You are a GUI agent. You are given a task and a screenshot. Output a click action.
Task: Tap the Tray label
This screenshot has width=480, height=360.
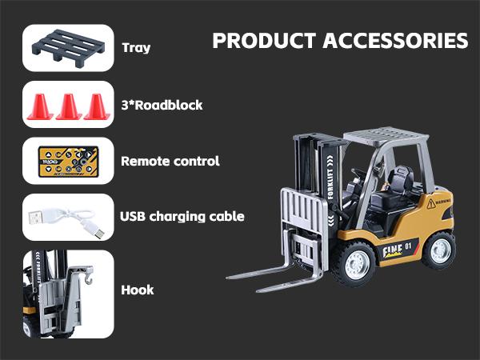coord(136,47)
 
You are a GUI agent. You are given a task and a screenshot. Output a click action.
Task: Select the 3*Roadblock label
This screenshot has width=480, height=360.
coord(161,104)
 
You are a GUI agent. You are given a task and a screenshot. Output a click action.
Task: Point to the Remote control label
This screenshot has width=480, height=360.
coord(170,161)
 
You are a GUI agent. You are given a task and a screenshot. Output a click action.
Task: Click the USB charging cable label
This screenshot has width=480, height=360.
coord(182,216)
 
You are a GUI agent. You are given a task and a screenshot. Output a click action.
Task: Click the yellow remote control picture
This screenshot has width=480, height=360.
coord(67,161)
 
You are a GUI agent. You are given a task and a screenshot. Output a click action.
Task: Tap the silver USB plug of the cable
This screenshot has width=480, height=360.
coord(36,217)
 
